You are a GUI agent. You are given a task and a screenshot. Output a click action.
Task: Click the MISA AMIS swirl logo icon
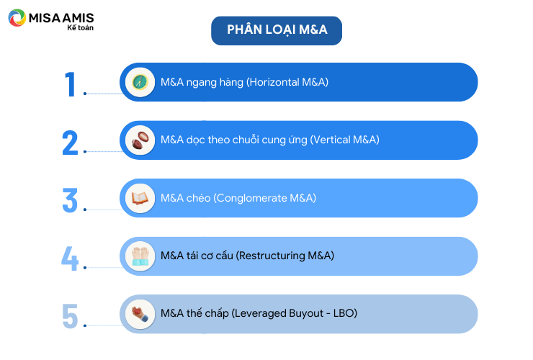pos(17,18)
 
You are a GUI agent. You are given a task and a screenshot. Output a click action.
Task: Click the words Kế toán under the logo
pos(80,28)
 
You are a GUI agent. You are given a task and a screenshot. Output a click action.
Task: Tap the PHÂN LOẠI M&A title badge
pos(277,30)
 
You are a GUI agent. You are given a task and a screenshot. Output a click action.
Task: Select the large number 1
pos(71,84)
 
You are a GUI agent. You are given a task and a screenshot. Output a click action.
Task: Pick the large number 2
pos(70,143)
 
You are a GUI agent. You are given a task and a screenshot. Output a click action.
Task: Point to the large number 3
pos(70,201)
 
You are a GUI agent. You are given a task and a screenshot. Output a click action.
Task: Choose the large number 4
pos(70,258)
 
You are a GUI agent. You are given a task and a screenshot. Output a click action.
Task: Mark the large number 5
pos(70,316)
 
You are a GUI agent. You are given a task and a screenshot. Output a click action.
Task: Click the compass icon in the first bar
pos(140,82)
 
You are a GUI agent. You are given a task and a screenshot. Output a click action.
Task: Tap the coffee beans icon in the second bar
pos(140,140)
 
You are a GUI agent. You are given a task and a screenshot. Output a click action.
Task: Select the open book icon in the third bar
pos(140,198)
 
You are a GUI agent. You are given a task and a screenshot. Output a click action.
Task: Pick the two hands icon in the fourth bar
pos(140,256)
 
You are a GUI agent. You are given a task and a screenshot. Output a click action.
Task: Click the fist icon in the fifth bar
pos(140,314)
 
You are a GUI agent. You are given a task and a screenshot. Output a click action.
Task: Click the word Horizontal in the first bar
pos(274,82)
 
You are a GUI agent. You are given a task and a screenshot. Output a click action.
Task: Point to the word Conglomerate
pos(252,198)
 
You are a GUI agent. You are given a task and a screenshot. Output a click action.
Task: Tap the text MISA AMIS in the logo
pos(61,18)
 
